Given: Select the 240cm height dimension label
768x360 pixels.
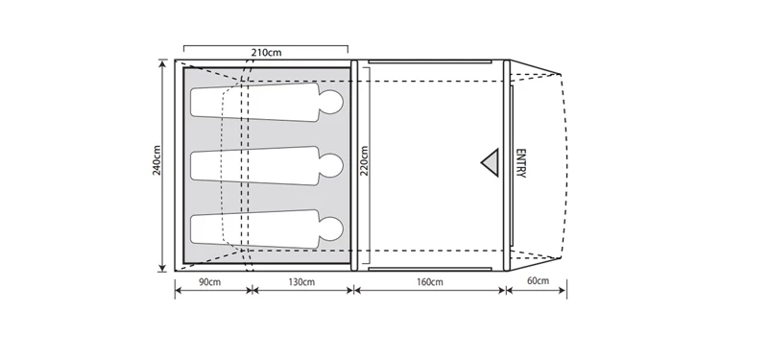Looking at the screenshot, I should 155,161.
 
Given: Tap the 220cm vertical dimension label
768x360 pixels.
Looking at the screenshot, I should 364,161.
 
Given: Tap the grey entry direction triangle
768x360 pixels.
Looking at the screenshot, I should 492,162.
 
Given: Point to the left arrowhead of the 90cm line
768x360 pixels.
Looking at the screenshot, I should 178,292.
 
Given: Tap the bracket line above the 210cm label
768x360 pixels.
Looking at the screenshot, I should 265,43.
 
